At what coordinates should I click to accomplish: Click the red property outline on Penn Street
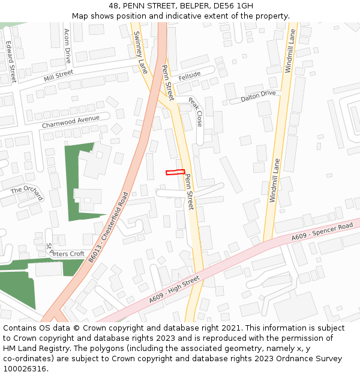(175, 172)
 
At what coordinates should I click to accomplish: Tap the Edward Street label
(10, 62)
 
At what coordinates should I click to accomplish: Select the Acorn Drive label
(67, 46)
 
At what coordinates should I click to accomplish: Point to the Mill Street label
(58, 76)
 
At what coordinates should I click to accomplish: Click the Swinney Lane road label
(139, 52)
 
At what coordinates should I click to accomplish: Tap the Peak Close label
(196, 112)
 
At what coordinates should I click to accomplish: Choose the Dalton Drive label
(258, 96)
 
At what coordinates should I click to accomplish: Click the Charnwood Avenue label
(71, 122)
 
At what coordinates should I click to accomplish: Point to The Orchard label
(27, 193)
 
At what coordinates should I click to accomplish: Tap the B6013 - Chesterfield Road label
(109, 227)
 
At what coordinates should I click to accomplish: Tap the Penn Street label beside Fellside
(167, 83)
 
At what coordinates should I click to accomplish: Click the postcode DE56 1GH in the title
(231, 5)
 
